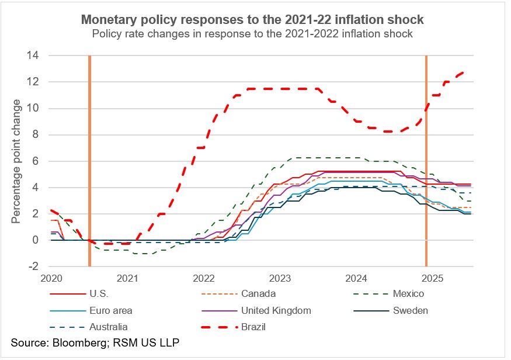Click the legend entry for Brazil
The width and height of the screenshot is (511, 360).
click(253, 327)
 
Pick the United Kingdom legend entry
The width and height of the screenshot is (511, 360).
click(277, 310)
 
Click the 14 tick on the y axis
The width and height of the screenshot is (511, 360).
click(34, 56)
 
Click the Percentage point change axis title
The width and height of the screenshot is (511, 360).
click(16, 161)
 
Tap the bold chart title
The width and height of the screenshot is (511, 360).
click(252, 20)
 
